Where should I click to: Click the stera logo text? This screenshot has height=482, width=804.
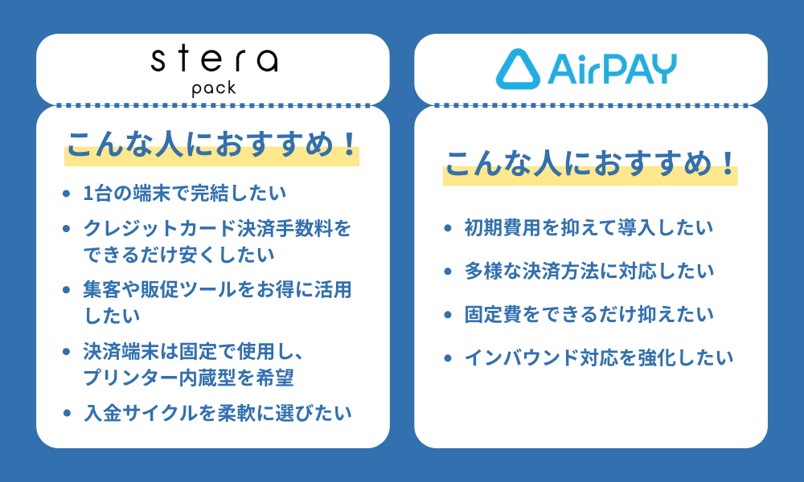pyautogui.click(x=214, y=60)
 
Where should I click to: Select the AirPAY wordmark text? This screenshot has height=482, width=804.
pyautogui.click(x=611, y=69)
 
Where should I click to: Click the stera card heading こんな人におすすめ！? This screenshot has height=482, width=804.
pyautogui.click(x=211, y=145)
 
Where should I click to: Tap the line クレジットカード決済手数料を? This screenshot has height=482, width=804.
pyautogui.click(x=218, y=229)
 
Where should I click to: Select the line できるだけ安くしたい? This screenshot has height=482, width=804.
pyautogui.click(x=179, y=254)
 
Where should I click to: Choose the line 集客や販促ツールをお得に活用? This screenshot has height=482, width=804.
pyautogui.click(x=218, y=290)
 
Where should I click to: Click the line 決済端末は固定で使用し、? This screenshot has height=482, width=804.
pyautogui.click(x=198, y=352)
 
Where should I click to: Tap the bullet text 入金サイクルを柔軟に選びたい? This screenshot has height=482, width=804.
pyautogui.click(x=218, y=413)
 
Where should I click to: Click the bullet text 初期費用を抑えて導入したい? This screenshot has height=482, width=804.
pyautogui.click(x=589, y=228)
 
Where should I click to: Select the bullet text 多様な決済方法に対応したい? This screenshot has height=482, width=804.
pyautogui.click(x=589, y=272)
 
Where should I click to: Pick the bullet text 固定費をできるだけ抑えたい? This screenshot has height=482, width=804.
pyautogui.click(x=589, y=314)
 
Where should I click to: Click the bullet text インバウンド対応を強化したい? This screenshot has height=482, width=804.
pyautogui.click(x=599, y=357)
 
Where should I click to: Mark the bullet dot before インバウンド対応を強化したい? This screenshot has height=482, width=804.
pyautogui.click(x=447, y=357)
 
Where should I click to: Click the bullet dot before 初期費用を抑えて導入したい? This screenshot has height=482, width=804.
pyautogui.click(x=447, y=228)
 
